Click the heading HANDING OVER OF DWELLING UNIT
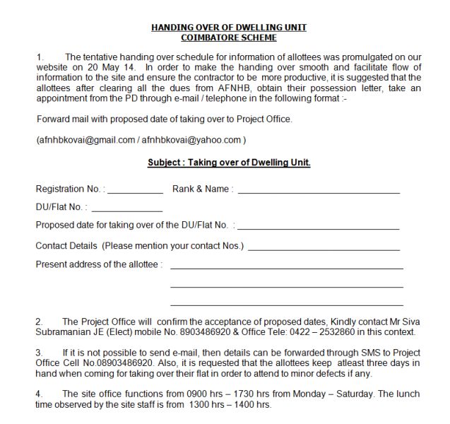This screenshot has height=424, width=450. click(x=229, y=28)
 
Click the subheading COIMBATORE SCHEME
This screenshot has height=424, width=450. click(x=229, y=37)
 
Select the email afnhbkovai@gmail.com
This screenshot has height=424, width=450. click(x=85, y=140)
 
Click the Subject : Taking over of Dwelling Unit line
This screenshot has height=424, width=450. click(x=229, y=162)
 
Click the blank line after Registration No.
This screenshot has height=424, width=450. click(x=135, y=191)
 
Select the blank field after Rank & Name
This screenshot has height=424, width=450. click(x=319, y=191)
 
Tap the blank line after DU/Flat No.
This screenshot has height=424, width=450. click(x=126, y=209)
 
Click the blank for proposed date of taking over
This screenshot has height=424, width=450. click(x=318, y=228)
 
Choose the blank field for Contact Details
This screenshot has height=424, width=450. click(x=324, y=247)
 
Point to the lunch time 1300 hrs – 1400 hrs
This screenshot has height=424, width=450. click(x=230, y=405)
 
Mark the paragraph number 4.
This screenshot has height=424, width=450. click(x=40, y=394)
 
